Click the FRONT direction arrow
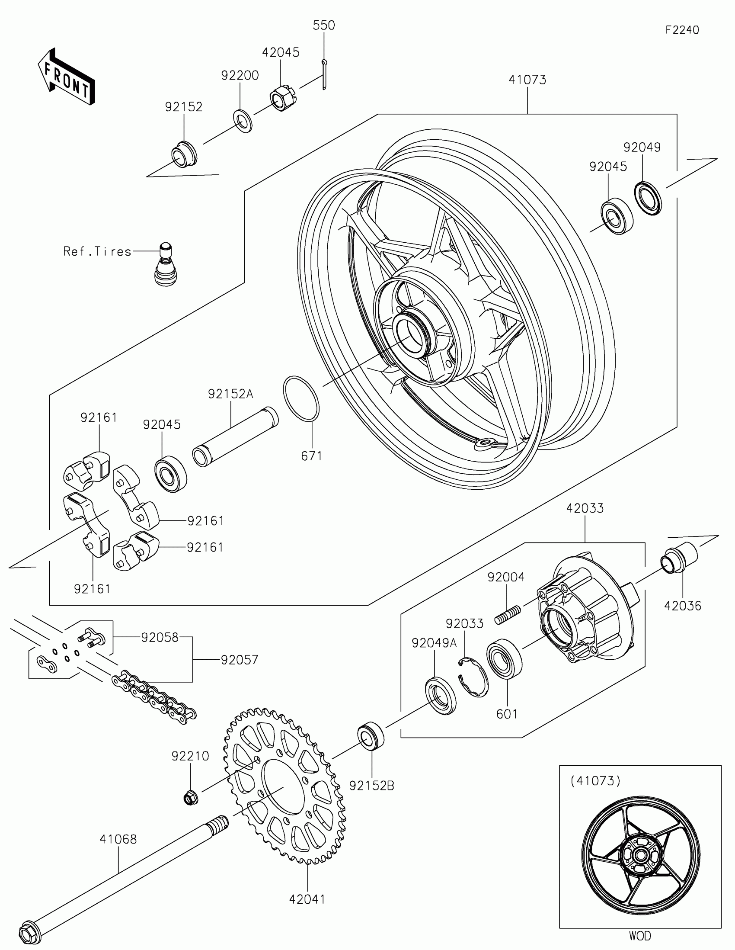(66, 76)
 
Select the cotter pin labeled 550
(324, 74)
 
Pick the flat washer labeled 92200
(243, 122)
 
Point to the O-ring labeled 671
(301, 398)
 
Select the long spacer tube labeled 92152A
(235, 437)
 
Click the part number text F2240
(682, 29)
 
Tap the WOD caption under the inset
(640, 935)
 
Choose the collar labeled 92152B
(371, 736)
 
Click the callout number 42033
(585, 507)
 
